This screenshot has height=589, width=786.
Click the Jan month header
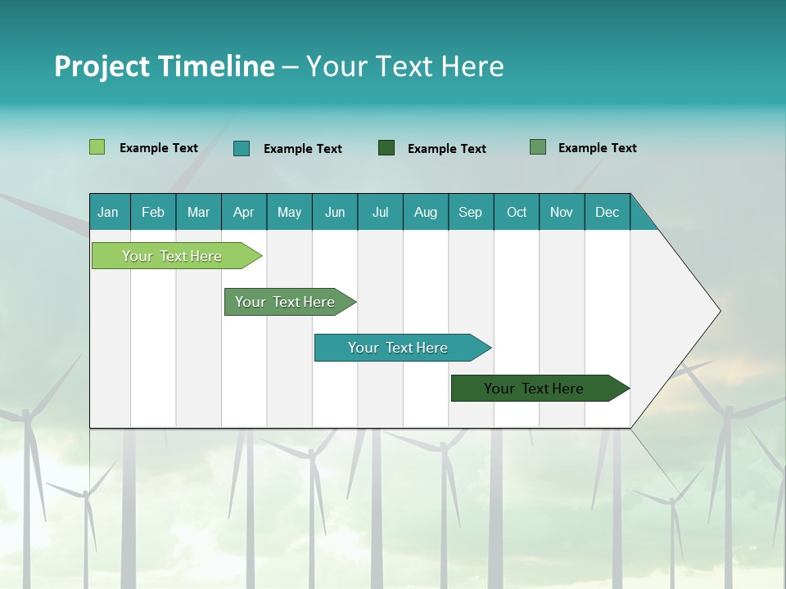(x=108, y=212)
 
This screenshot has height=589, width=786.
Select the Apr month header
(x=243, y=212)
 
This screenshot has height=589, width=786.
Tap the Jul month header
(x=380, y=212)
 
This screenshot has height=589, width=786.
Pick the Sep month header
(x=470, y=212)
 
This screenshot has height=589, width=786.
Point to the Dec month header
(x=607, y=212)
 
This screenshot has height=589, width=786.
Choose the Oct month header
(x=517, y=212)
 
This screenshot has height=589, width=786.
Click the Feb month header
(x=153, y=212)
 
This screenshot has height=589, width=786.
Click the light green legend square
(x=97, y=147)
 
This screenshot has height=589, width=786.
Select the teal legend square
(x=242, y=148)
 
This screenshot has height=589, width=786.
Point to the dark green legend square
(x=386, y=147)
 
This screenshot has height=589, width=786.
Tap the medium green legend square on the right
(x=538, y=147)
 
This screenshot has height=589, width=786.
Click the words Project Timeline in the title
(x=164, y=65)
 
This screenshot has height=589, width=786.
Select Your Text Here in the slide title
(x=405, y=65)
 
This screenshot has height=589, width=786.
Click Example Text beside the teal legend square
(x=302, y=149)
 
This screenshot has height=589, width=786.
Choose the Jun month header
(x=334, y=212)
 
